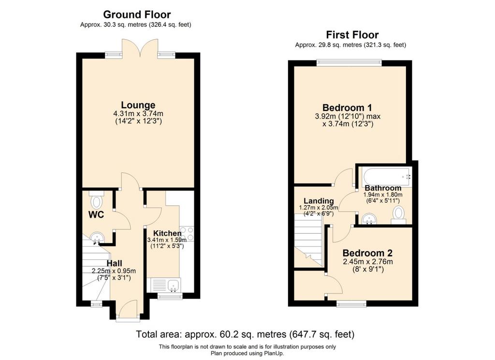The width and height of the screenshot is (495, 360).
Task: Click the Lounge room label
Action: coord(138,105)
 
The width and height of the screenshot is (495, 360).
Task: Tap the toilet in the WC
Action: coord(96,199)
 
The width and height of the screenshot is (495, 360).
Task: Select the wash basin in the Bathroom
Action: coord(369,219)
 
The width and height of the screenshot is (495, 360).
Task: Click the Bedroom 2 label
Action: coord(367,253)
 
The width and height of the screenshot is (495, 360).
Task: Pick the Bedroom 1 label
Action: coord(347,107)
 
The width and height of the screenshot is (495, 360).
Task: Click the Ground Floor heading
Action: coord(137,15)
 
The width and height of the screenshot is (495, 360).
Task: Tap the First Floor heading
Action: coord(352,34)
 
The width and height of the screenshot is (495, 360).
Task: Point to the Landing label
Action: coord(319,201)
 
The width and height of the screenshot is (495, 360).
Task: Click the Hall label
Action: coord(114,263)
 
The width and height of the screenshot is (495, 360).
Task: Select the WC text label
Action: coord(96,215)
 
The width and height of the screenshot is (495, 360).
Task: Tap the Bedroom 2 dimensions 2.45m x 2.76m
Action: coord(368,262)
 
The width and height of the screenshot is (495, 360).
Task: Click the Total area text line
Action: coord(245,334)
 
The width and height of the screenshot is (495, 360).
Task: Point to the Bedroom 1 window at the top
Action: coord(349,62)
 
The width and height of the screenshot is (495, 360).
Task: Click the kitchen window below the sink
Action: coord(170,296)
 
